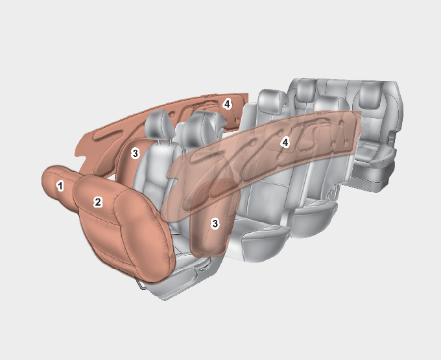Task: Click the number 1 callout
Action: coord(60,186)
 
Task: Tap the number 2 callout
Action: coord(97,202)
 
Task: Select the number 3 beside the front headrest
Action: coord(136,154)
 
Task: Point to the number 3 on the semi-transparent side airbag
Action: coord(215,224)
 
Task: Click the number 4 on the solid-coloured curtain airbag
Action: coord(227,104)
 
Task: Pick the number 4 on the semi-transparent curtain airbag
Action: coord(285,143)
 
